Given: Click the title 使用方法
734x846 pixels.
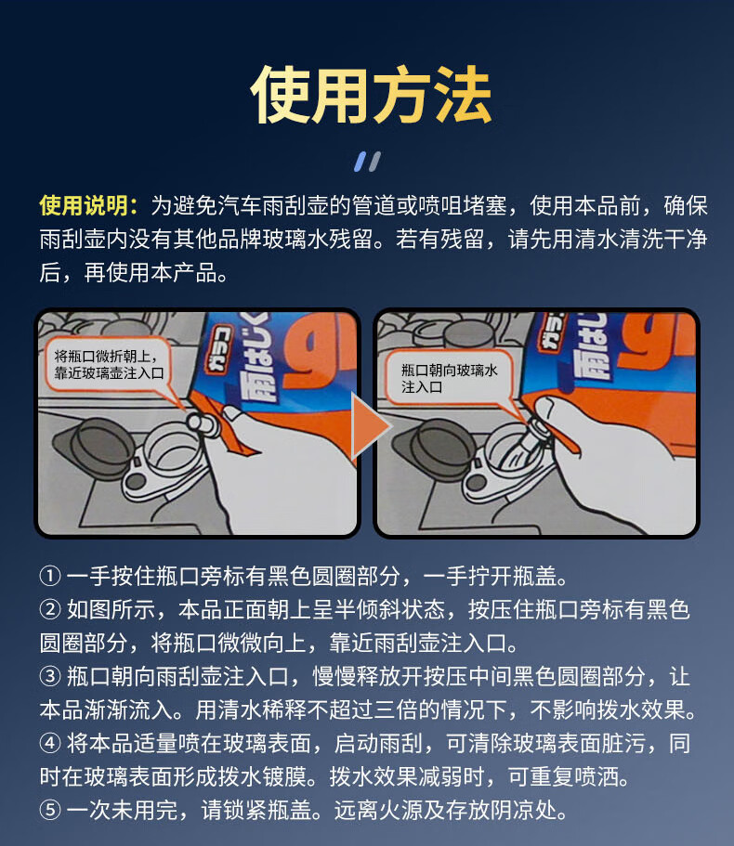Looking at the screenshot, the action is pos(371,96).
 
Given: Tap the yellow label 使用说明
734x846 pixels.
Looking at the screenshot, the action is pos(84,206).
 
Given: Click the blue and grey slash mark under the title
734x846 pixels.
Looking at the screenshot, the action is pos(368,162).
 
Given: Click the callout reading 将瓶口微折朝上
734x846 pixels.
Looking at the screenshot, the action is pos(109,365).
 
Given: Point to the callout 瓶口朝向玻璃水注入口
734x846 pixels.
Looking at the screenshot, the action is pos(449,378).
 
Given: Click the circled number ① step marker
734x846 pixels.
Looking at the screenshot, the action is pos(50,577).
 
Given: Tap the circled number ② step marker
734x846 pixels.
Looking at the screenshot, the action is pos(50,610).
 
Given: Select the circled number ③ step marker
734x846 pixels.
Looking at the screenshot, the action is pos(50,677).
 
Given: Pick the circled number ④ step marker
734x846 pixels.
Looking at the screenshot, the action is pos(50,744).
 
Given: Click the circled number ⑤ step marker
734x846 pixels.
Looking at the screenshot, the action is pos(50,810).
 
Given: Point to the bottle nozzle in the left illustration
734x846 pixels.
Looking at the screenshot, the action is pos(203,424).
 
